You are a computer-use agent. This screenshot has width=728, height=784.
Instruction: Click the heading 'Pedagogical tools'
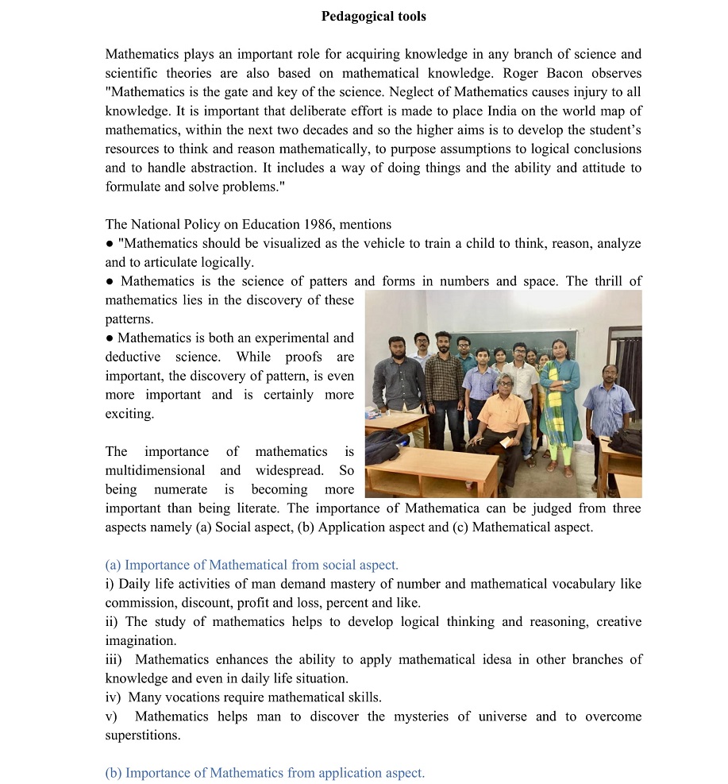coord(373,16)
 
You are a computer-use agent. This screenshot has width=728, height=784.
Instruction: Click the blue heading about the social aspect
coord(252,565)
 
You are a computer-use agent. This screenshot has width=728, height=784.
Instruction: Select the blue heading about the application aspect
coord(264,773)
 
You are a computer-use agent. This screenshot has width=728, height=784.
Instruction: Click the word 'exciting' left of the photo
coord(128,414)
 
